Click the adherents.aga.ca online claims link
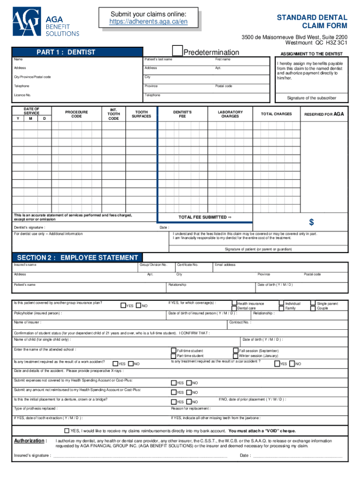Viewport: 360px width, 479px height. tap(148, 22)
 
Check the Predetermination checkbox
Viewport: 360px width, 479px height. tap(177, 51)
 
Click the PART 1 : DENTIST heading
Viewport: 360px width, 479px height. tap(65, 52)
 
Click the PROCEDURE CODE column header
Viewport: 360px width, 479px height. tap(76, 114)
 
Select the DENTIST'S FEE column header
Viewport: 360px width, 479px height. tap(182, 114)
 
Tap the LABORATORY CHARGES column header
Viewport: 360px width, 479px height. tap(230, 114)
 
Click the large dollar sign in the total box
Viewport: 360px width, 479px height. tap(311, 221)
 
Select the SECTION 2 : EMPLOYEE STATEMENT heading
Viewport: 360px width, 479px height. tap(77, 258)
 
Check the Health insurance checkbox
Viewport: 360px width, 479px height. tap(234, 303)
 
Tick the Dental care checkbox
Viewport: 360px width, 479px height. tap(234, 308)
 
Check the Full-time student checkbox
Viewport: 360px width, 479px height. tap(174, 350)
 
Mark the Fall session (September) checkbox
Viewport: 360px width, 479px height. tap(236, 350)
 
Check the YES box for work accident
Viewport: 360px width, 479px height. tap(115, 363)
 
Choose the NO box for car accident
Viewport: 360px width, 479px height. tap(292, 363)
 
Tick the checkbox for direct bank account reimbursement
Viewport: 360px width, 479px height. tap(66, 430)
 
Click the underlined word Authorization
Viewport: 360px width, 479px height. tap(30, 441)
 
